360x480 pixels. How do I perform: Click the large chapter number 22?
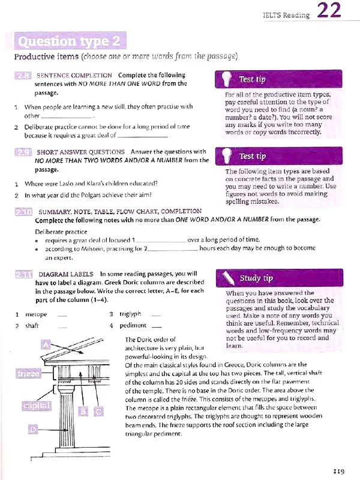tap(329, 12)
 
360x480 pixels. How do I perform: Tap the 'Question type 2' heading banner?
tap(71, 41)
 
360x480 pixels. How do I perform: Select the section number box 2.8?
tap(23, 76)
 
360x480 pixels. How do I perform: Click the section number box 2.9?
tap(23, 152)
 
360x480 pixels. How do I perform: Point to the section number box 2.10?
tap(23, 212)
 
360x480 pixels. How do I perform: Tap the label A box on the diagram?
tap(46, 344)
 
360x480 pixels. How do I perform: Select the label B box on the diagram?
tap(83, 412)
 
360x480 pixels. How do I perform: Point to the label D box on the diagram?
tap(34, 429)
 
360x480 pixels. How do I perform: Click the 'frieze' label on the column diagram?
tap(28, 375)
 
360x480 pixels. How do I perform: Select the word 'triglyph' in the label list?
tap(130, 314)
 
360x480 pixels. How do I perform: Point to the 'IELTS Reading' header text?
tap(286, 15)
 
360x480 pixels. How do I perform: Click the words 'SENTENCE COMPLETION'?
tap(74, 76)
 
